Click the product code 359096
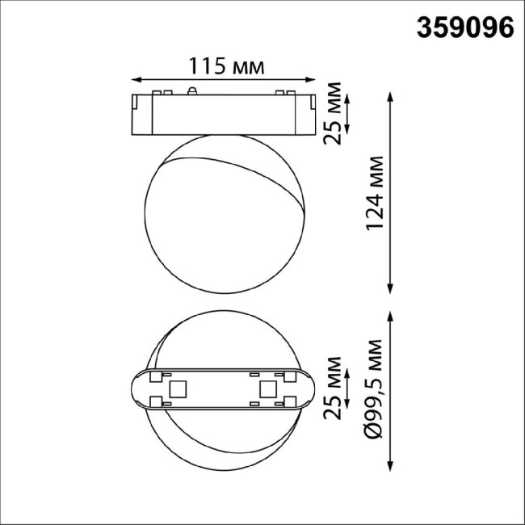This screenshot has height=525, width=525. [464, 27]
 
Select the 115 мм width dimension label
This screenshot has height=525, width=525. [225, 65]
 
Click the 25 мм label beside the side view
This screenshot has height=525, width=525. [332, 112]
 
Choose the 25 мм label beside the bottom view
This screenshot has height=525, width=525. [332, 390]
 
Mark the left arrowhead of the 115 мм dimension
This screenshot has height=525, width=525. [135, 79]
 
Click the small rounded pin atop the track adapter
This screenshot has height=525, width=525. [192, 90]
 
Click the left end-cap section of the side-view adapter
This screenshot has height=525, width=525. [143, 114]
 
